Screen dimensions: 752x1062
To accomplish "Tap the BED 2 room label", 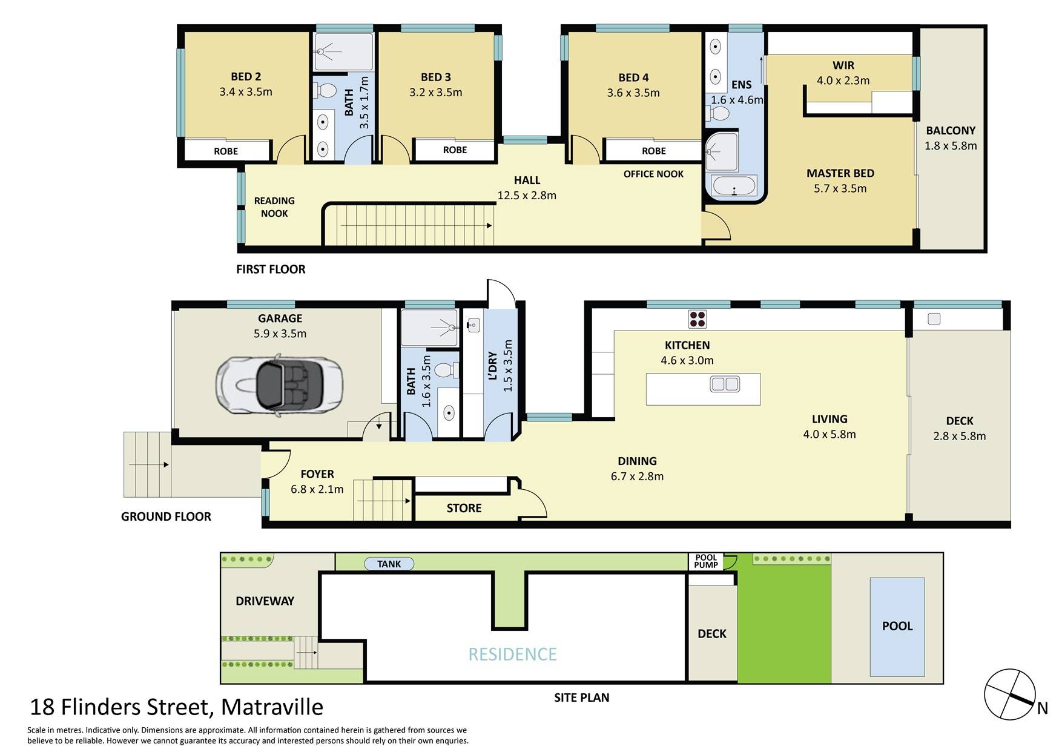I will [246, 77].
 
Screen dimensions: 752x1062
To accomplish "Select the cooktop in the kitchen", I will [697, 318].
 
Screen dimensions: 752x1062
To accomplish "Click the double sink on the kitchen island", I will [725, 384].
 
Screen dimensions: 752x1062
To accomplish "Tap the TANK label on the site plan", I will [389, 564].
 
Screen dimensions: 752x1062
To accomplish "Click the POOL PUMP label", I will [706, 561].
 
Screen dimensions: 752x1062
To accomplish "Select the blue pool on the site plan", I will [897, 627].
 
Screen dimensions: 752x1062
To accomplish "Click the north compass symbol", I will [1010, 694].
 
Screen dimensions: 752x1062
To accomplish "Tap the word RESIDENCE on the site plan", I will [512, 654].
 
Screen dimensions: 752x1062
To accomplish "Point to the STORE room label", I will [464, 508].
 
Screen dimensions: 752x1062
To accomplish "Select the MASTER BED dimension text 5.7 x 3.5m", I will [840, 188].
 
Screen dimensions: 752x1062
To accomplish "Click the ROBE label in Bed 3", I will [455, 150].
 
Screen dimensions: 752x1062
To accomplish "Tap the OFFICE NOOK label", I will [653, 174].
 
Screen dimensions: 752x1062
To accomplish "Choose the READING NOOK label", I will [274, 207].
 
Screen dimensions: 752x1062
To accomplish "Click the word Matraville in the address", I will [272, 707].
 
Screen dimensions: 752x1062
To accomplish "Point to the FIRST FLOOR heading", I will [271, 269].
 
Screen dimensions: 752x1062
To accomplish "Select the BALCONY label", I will [951, 131].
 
